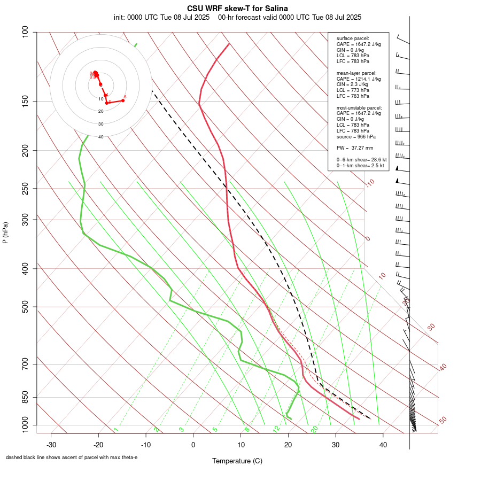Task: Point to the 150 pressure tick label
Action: [x=25, y=101]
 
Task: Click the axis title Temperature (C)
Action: [x=237, y=461]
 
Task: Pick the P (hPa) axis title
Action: [x=5, y=232]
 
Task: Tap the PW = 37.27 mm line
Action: [x=355, y=148]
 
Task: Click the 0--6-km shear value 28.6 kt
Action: [x=376, y=159]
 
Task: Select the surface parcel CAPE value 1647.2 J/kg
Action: [x=367, y=44]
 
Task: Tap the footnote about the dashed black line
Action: [x=72, y=457]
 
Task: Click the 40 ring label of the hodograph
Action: [x=100, y=137]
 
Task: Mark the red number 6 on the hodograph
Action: [x=125, y=97]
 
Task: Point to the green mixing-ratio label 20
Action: [x=315, y=429]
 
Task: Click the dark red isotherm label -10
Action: [x=370, y=183]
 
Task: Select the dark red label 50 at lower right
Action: [x=443, y=421]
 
